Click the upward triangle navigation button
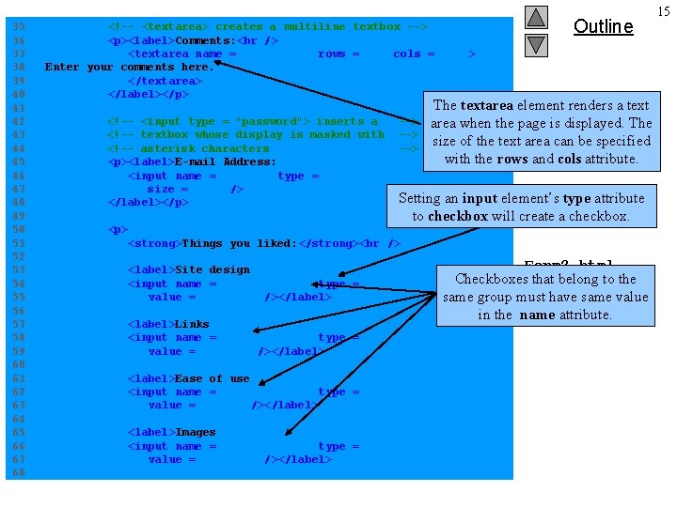click(535, 17)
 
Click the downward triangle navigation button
click(535, 44)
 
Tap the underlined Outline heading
click(603, 26)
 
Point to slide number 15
click(664, 11)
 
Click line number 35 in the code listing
click(16, 27)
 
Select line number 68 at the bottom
click(16, 472)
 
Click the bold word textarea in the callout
click(486, 105)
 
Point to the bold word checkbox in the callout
click(457, 217)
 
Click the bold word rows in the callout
click(512, 159)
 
